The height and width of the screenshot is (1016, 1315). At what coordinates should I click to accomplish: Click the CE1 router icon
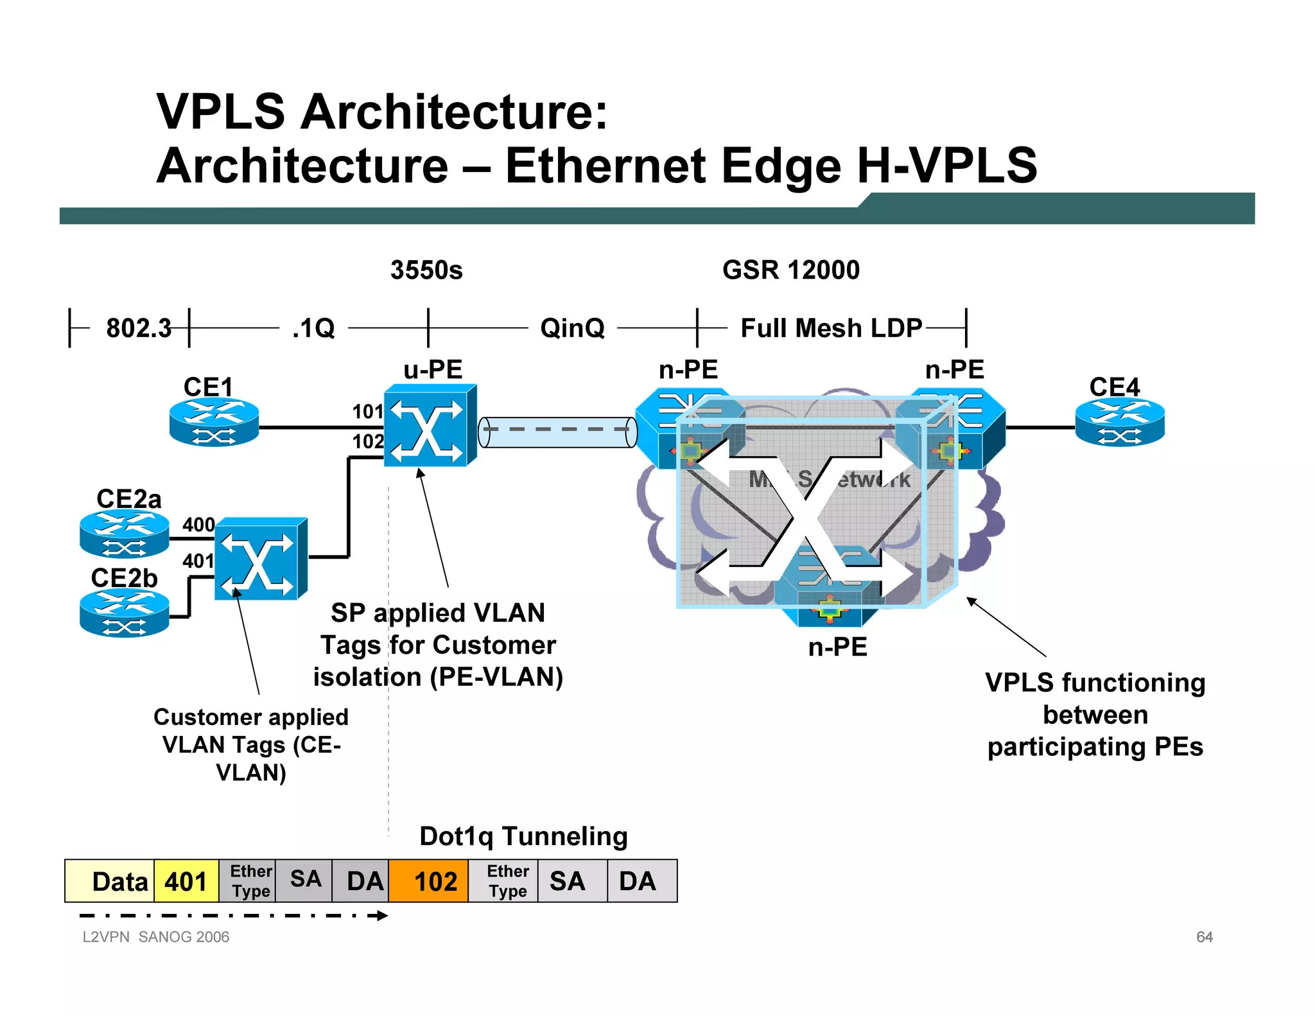pyautogui.click(x=214, y=422)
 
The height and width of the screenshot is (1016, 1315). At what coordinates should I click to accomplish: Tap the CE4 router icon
pyautogui.click(x=1120, y=422)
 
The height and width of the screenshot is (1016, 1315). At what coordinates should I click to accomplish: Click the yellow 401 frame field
pyautogui.click(x=186, y=881)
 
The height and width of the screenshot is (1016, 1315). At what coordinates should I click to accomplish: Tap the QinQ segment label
pyautogui.click(x=572, y=328)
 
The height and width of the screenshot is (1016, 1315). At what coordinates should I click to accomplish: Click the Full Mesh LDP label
pyautogui.click(x=831, y=328)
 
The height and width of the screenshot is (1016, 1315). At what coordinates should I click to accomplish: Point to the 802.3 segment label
pyautogui.click(x=139, y=328)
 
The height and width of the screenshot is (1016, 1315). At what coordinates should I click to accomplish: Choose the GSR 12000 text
pyautogui.click(x=790, y=270)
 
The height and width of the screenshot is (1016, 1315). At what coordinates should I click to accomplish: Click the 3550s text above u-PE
pyautogui.click(x=426, y=270)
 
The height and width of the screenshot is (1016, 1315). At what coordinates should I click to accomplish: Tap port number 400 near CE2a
pyautogui.click(x=198, y=525)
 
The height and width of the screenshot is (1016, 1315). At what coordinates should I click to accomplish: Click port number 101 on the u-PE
pyautogui.click(x=367, y=412)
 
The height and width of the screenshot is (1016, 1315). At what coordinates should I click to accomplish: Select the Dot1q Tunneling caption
pyautogui.click(x=523, y=836)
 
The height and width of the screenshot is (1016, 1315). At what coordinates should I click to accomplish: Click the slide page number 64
pyautogui.click(x=1204, y=937)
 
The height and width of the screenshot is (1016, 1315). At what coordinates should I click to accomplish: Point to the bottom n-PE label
pyautogui.click(x=837, y=647)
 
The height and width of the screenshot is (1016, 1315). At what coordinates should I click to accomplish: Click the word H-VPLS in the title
pyautogui.click(x=947, y=166)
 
